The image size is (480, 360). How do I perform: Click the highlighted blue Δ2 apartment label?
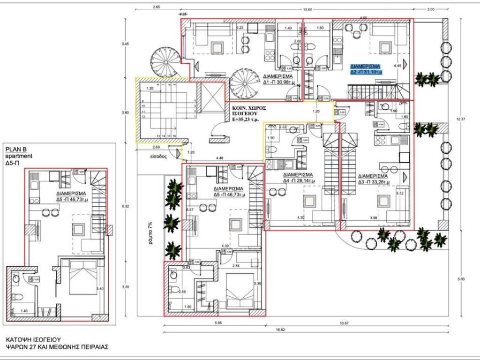pos(366,69)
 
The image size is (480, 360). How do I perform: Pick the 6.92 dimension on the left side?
pos(125,206)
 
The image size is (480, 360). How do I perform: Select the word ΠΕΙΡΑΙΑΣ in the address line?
pos(93,347)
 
